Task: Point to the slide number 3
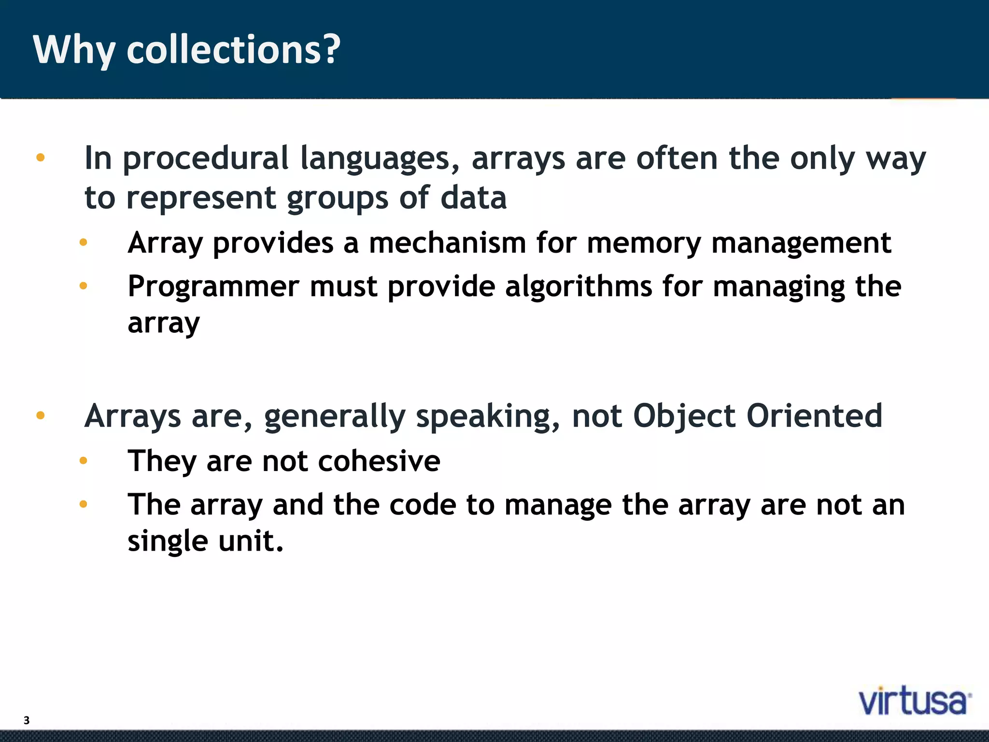click(27, 720)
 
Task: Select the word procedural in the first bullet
click(206, 158)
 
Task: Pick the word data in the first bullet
click(473, 198)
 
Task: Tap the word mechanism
click(447, 243)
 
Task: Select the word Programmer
click(213, 287)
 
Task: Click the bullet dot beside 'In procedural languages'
click(41, 157)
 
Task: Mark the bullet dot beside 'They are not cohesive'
click(83, 461)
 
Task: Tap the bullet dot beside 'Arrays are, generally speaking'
click(41, 415)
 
